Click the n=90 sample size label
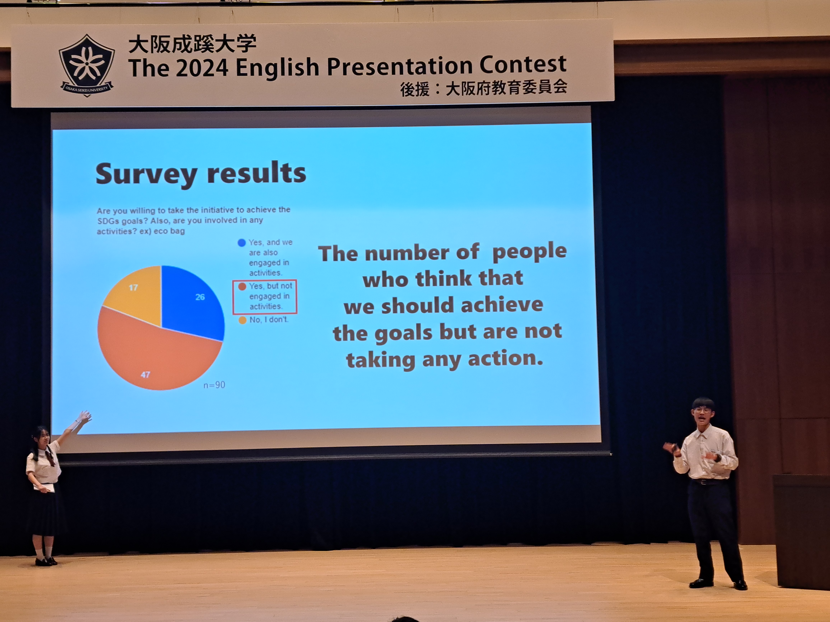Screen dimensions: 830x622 pyautogui.click(x=214, y=385)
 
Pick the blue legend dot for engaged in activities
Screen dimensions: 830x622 pyautogui.click(x=242, y=242)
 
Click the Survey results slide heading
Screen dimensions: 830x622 pyautogui.click(x=201, y=174)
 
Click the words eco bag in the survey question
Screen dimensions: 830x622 pyautogui.click(x=169, y=231)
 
